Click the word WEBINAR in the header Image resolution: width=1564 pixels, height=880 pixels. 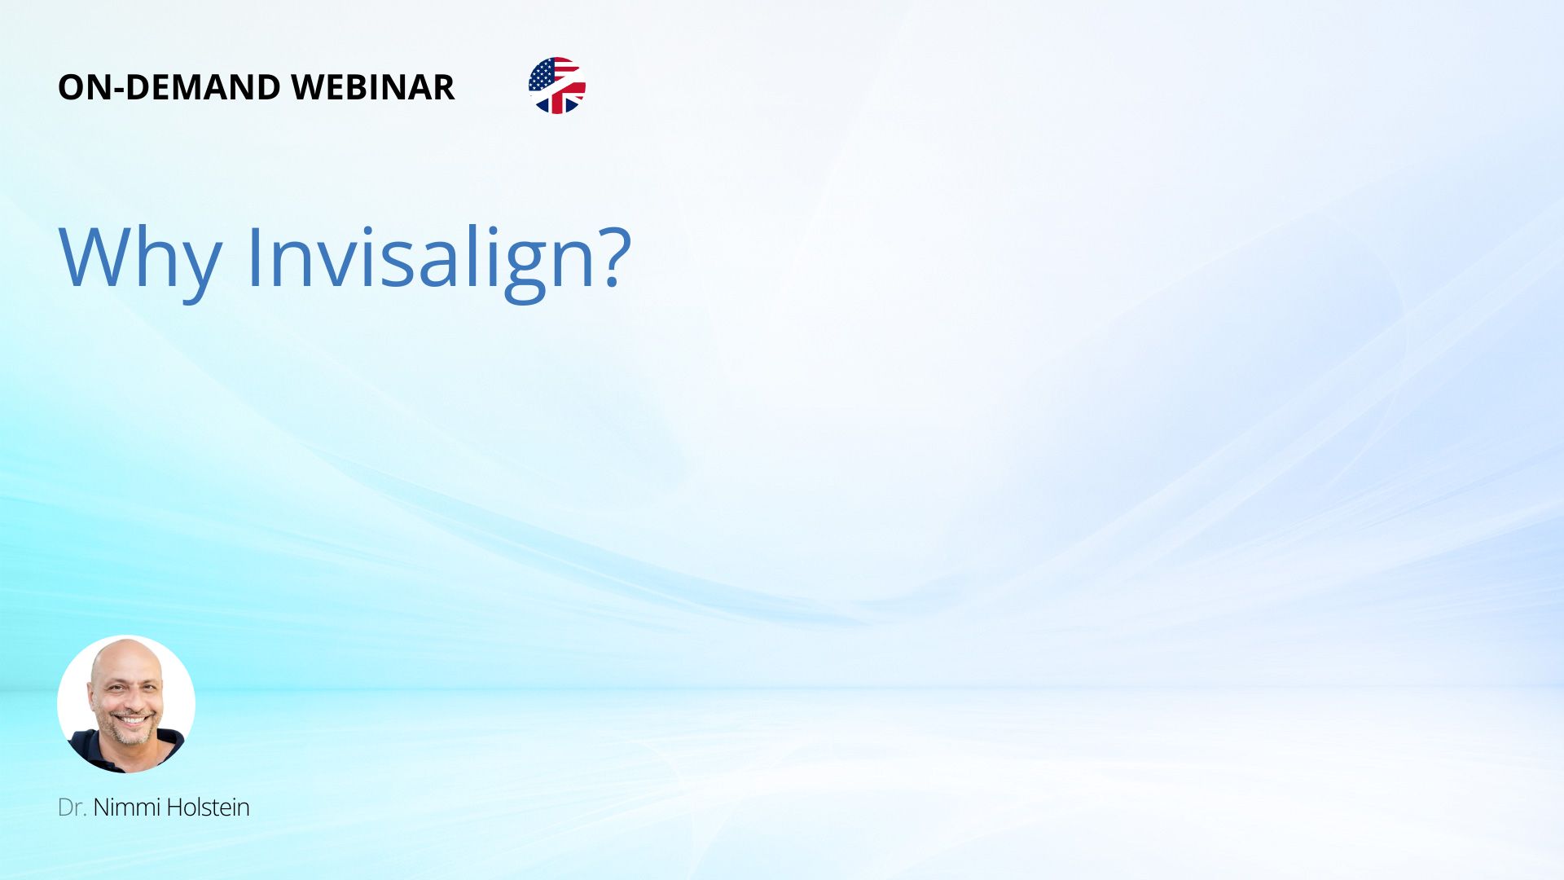372,87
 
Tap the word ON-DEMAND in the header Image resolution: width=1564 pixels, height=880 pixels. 169,87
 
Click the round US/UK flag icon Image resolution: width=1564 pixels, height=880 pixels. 557,86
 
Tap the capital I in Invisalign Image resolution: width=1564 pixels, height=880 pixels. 257,257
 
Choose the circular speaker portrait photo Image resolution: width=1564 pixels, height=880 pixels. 126,704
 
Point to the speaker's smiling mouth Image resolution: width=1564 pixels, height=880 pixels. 134,720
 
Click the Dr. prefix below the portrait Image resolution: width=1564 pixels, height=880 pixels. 72,807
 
